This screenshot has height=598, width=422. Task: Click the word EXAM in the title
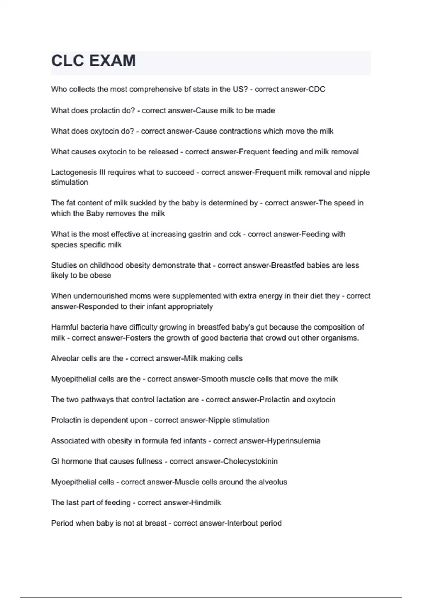112,61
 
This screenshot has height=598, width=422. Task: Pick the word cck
235,234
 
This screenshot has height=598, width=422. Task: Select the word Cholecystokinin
250,462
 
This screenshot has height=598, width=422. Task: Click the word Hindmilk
206,503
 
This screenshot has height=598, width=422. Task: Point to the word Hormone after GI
76,462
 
